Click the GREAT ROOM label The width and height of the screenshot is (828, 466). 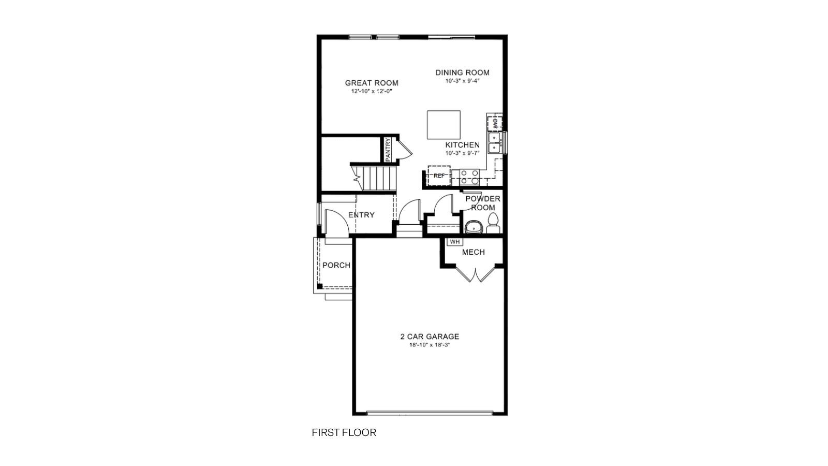(x=372, y=83)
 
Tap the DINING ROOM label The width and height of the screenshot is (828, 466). (x=462, y=72)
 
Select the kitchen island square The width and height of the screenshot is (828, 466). (x=443, y=125)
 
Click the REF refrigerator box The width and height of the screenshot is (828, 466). (x=439, y=176)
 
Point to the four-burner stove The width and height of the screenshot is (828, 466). (x=469, y=177)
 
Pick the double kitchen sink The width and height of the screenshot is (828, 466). (x=495, y=142)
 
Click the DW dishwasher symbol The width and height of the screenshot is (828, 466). (x=494, y=123)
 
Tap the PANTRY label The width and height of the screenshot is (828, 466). (x=388, y=149)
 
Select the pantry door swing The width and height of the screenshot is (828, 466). (x=405, y=148)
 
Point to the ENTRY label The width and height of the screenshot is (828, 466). (x=361, y=215)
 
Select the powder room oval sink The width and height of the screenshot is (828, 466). (x=473, y=226)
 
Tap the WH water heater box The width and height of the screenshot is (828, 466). (x=455, y=241)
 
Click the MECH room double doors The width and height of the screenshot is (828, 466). (x=475, y=273)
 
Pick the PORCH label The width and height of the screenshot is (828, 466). (x=336, y=265)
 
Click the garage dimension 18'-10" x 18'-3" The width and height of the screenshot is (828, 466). (x=430, y=345)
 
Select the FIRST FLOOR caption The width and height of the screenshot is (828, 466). (x=344, y=432)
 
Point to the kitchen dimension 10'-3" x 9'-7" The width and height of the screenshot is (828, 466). (x=463, y=153)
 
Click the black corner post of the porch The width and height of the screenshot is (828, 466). (x=320, y=286)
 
